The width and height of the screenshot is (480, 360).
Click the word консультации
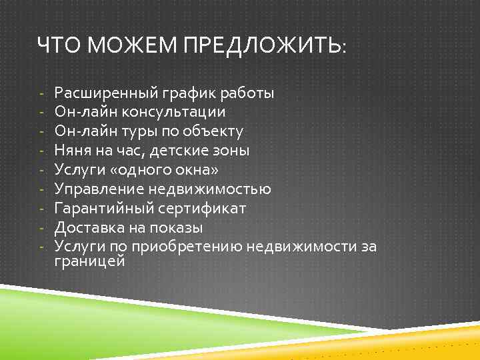point(179,112)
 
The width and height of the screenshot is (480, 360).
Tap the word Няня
point(73,150)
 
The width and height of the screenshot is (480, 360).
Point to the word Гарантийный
point(103,208)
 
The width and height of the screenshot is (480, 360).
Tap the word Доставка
point(85,227)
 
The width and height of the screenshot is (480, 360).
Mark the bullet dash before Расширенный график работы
point(41,93)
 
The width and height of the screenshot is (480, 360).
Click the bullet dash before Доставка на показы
point(41,227)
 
